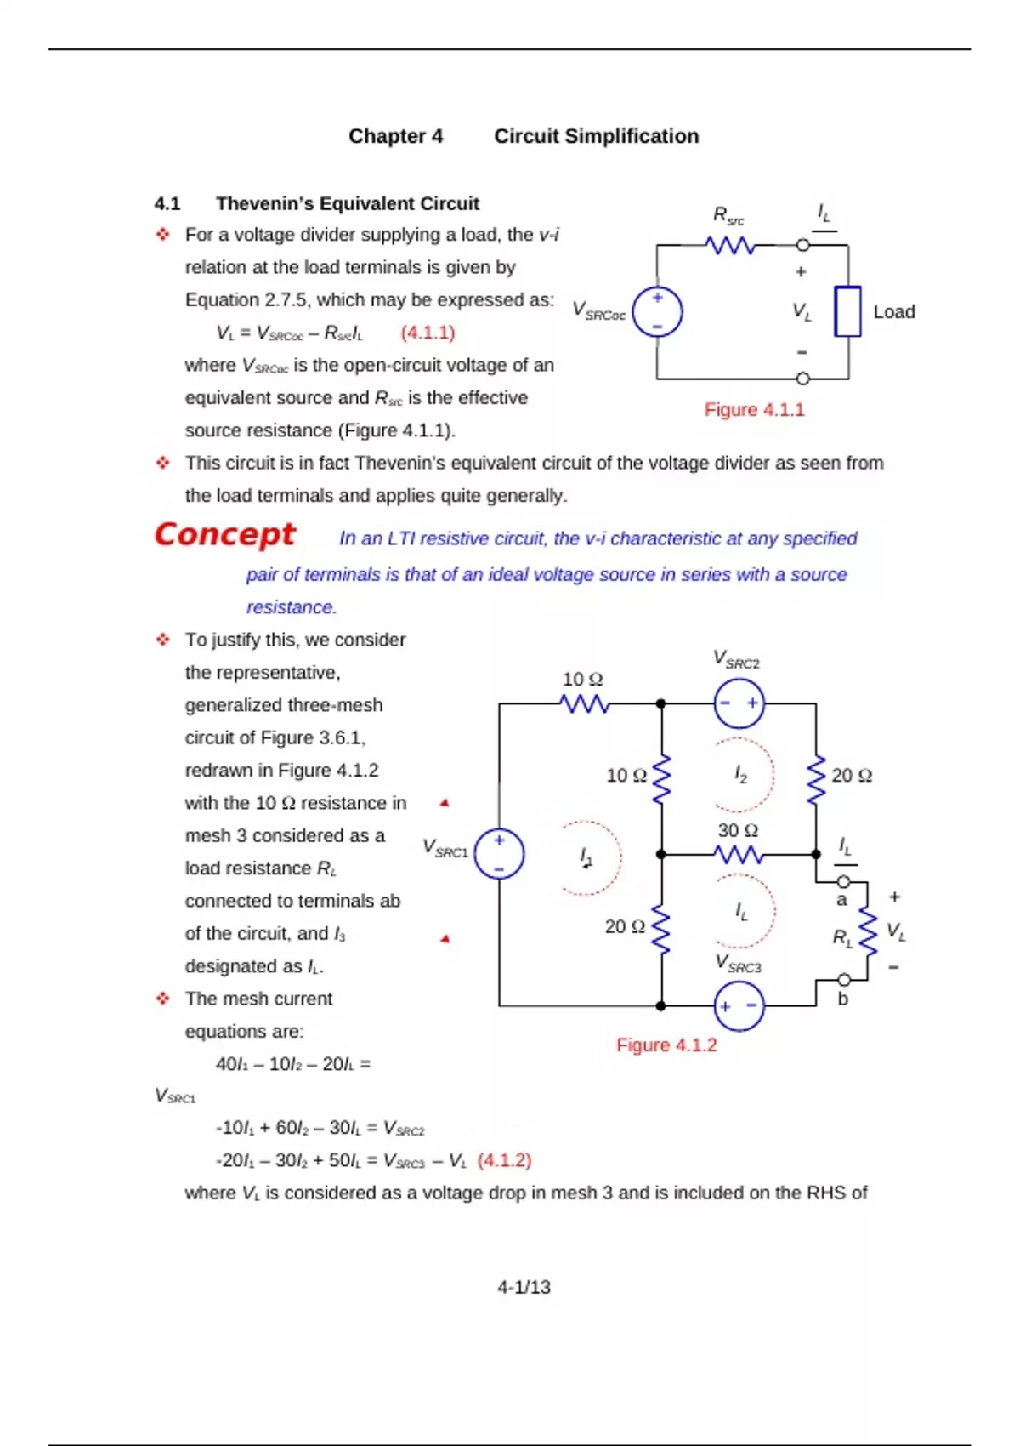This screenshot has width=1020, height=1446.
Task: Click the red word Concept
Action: [x=224, y=534]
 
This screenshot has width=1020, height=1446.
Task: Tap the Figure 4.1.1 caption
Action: [x=754, y=410]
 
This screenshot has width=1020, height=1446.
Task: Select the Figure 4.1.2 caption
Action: [x=666, y=1045]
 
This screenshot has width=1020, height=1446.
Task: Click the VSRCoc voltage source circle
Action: [x=657, y=311]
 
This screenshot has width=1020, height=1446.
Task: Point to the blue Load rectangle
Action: [x=847, y=311]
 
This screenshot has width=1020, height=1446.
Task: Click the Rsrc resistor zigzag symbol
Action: [x=730, y=246]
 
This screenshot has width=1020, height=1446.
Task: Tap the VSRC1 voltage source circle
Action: [x=499, y=853]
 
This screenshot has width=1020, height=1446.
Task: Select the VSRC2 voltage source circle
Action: [x=739, y=703]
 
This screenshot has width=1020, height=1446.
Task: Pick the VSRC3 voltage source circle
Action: [x=739, y=1006]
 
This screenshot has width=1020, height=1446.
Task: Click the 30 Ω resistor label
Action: [x=738, y=830]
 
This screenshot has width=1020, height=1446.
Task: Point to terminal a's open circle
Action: [x=844, y=881]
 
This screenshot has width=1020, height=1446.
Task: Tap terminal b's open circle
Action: [x=844, y=980]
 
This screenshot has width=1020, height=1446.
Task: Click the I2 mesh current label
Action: [x=741, y=774]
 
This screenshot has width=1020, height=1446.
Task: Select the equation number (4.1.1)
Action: [x=428, y=333]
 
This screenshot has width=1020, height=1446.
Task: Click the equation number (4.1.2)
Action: [x=504, y=1161]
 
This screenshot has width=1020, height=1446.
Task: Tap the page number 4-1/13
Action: [x=524, y=1288]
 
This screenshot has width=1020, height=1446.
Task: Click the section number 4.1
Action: [x=167, y=204]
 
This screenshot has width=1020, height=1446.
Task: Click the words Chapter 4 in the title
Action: [x=395, y=136]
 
